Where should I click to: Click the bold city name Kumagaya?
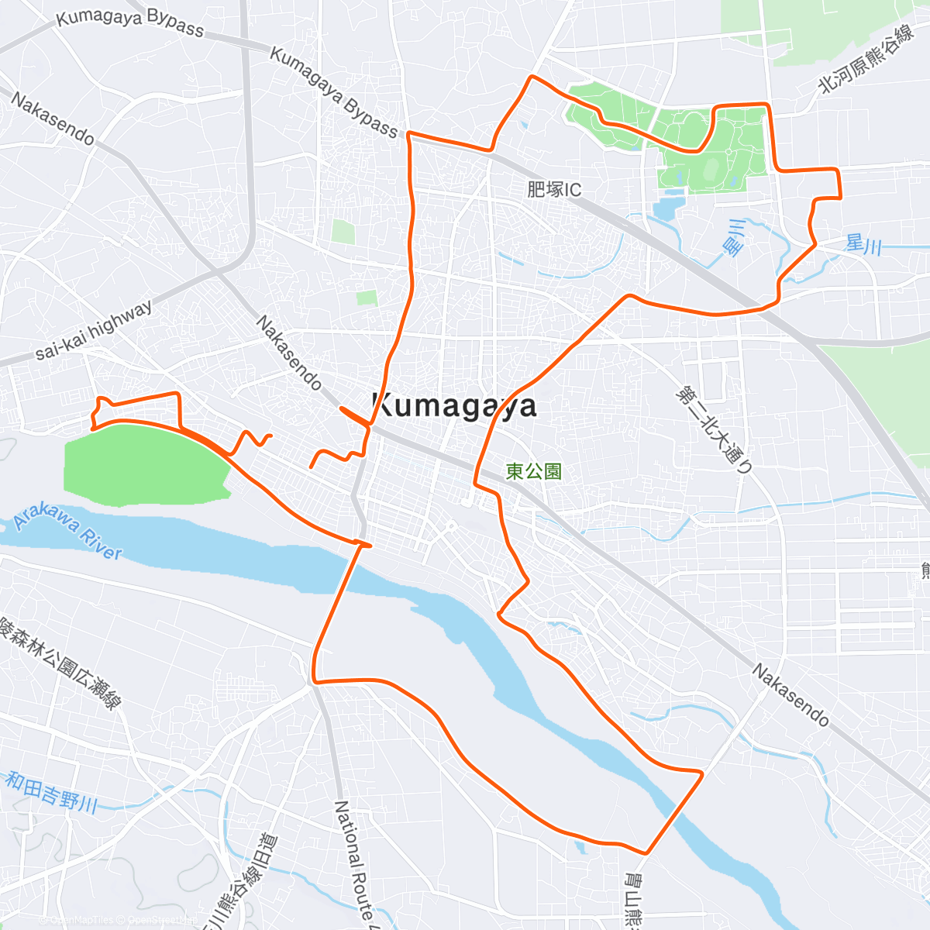pos(454,405)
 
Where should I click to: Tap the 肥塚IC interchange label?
pos(553,189)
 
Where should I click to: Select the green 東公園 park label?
pos(533,470)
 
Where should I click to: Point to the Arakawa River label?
pos(68,535)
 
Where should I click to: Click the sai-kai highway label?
pos(95,330)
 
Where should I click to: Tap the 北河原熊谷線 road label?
pos(867,59)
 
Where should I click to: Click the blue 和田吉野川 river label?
pos(51,790)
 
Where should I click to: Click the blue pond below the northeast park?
pos(665,208)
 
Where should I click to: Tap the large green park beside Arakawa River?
pos(143,463)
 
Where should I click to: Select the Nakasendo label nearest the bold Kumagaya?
pos(288,353)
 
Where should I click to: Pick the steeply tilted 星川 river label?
pos(733,237)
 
